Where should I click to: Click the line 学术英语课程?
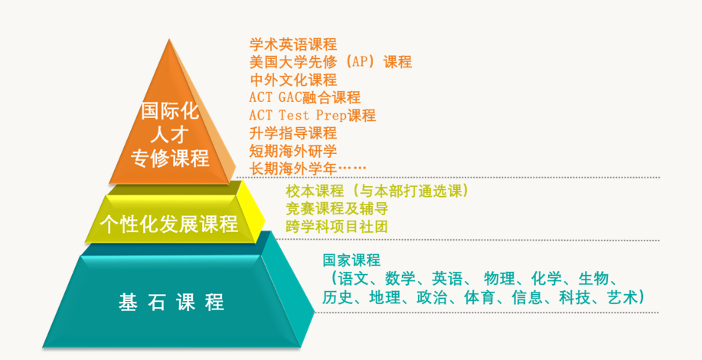click(x=293, y=44)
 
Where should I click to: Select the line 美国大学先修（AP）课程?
click(x=331, y=62)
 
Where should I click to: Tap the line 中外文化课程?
click(x=293, y=80)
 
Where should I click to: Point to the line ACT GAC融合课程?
click(x=305, y=97)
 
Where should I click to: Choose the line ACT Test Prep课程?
click(x=312, y=115)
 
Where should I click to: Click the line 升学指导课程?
click(x=293, y=133)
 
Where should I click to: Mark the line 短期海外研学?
click(x=293, y=150)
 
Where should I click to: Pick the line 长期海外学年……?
click(x=308, y=168)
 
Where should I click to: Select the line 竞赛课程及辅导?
click(x=337, y=208)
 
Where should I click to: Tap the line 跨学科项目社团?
click(x=337, y=226)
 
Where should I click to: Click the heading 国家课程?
click(x=351, y=260)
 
